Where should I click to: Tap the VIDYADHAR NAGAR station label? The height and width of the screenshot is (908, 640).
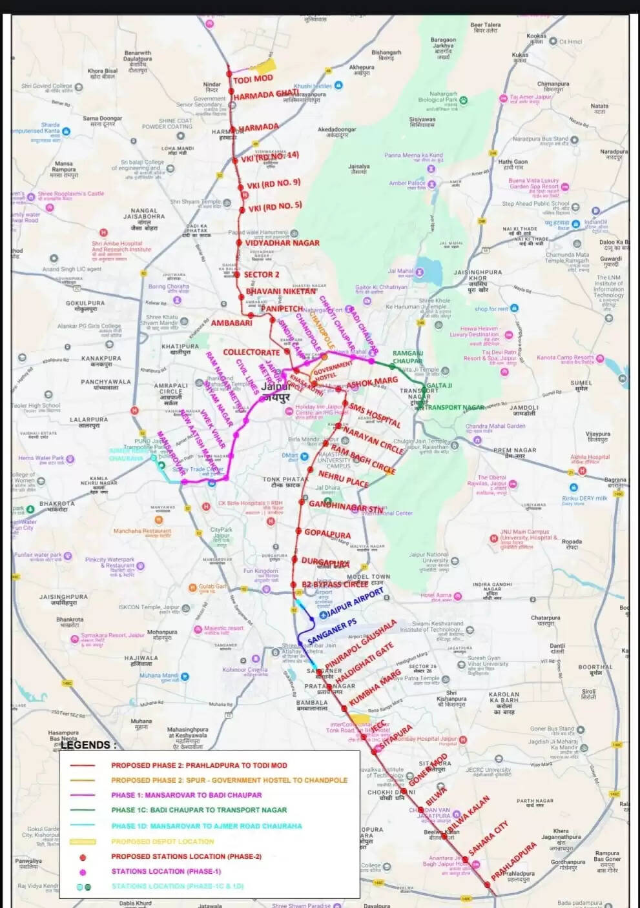(282, 243)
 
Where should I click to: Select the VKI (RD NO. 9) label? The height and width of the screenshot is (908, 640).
(274, 185)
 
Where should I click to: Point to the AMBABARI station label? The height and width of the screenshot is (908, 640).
(231, 323)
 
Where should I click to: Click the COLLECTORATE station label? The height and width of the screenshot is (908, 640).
(251, 352)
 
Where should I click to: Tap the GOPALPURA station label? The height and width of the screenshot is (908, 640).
(327, 534)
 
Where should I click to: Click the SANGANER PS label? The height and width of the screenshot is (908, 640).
(332, 631)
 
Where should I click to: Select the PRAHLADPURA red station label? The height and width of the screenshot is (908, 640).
(514, 861)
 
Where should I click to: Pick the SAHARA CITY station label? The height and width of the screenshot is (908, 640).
(489, 838)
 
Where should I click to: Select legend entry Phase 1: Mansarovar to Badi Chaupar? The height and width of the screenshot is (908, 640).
(186, 795)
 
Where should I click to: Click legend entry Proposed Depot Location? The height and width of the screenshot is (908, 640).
(162, 842)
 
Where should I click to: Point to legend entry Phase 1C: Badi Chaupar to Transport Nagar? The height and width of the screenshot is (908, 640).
(199, 810)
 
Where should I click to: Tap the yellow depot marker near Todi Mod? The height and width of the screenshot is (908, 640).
(265, 66)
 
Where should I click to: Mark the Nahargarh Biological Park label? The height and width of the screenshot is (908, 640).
(438, 97)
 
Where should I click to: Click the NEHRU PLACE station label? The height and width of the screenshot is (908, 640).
(344, 479)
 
